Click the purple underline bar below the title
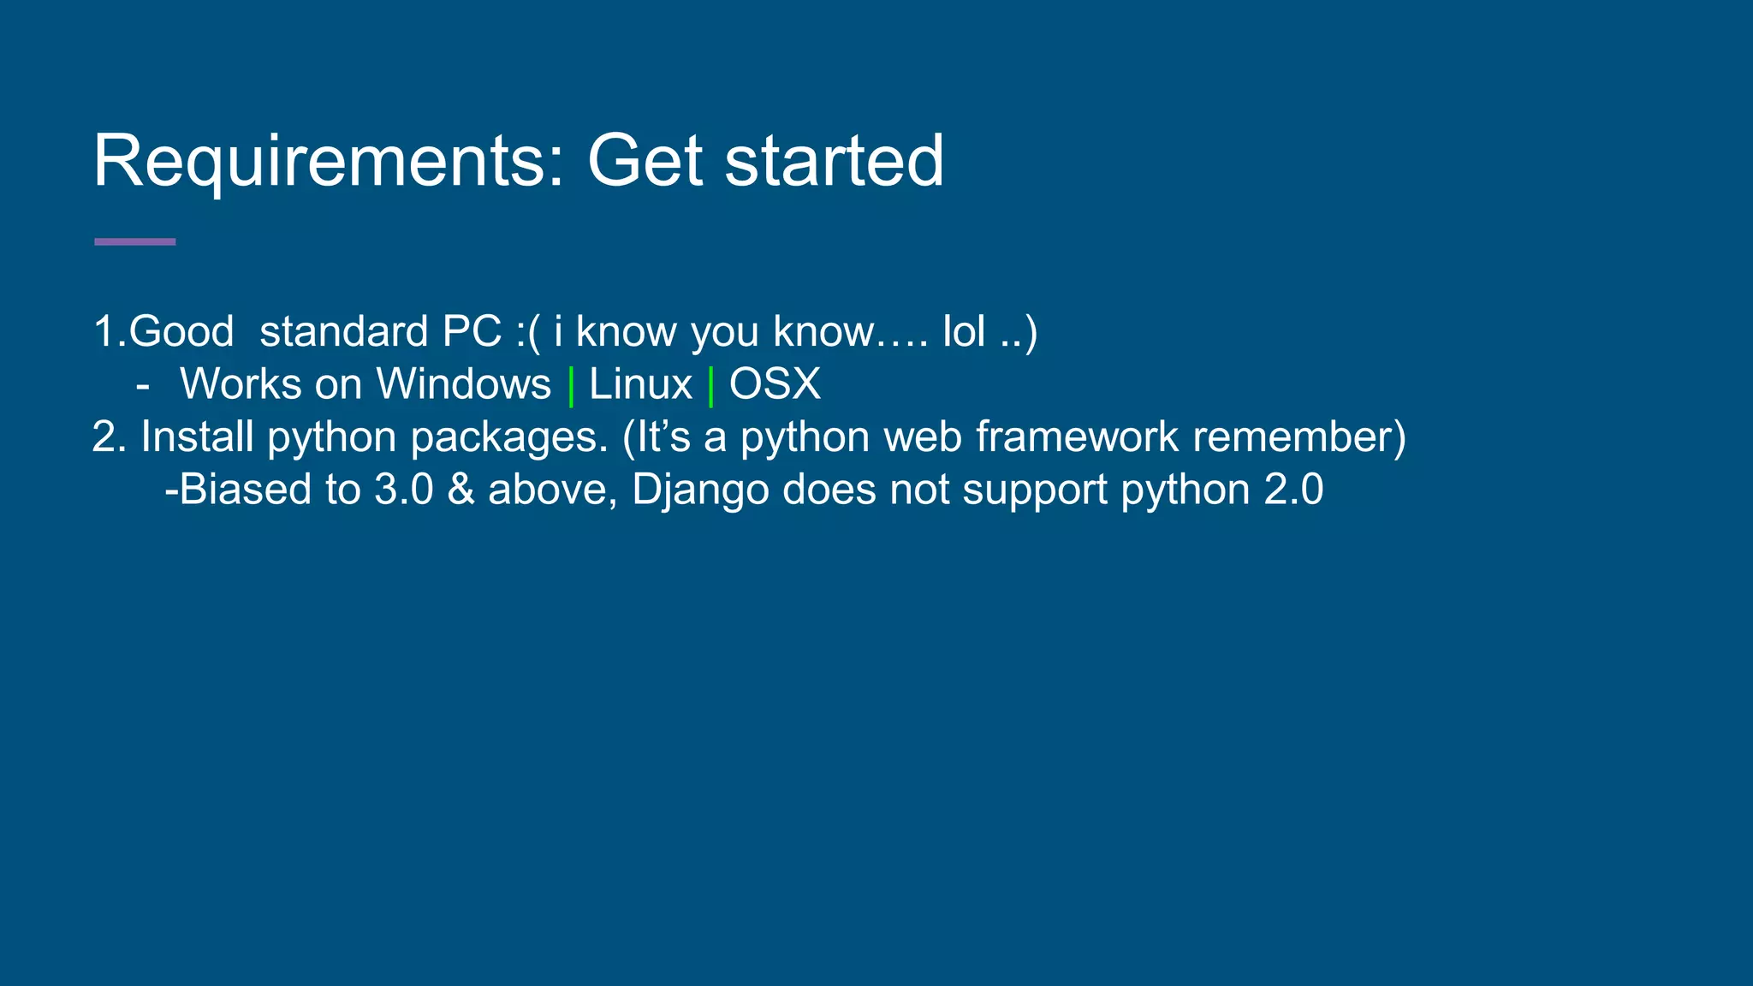tap(134, 242)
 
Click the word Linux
tap(639, 384)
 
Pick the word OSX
tap(775, 384)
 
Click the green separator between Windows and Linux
tap(571, 386)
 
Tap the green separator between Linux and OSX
tap(710, 386)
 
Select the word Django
tap(700, 490)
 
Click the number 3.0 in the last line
tap(404, 490)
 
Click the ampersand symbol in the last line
tap(461, 490)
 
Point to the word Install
tap(197, 437)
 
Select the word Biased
tap(245, 490)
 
